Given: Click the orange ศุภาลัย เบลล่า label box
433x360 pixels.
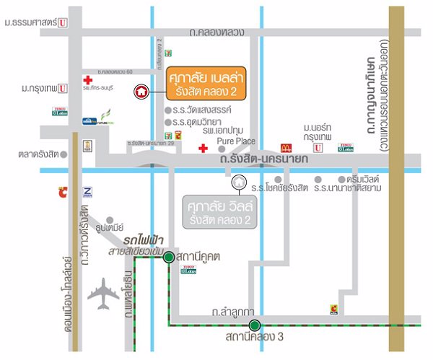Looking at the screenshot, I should (203, 85).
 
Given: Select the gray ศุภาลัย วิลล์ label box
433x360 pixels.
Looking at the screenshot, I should (203, 209).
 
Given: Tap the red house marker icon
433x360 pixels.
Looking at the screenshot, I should (142, 92).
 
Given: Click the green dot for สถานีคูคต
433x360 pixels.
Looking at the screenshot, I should (167, 257).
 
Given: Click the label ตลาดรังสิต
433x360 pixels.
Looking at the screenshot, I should (39, 154).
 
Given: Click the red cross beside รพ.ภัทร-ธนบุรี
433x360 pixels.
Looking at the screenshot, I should (88, 79).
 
